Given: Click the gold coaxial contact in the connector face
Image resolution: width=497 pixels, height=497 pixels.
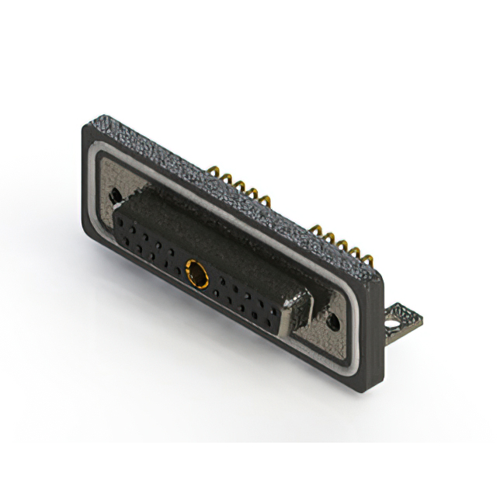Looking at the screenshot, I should pos(197,273).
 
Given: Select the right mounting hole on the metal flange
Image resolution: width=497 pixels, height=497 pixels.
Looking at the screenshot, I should pos(335,319).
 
